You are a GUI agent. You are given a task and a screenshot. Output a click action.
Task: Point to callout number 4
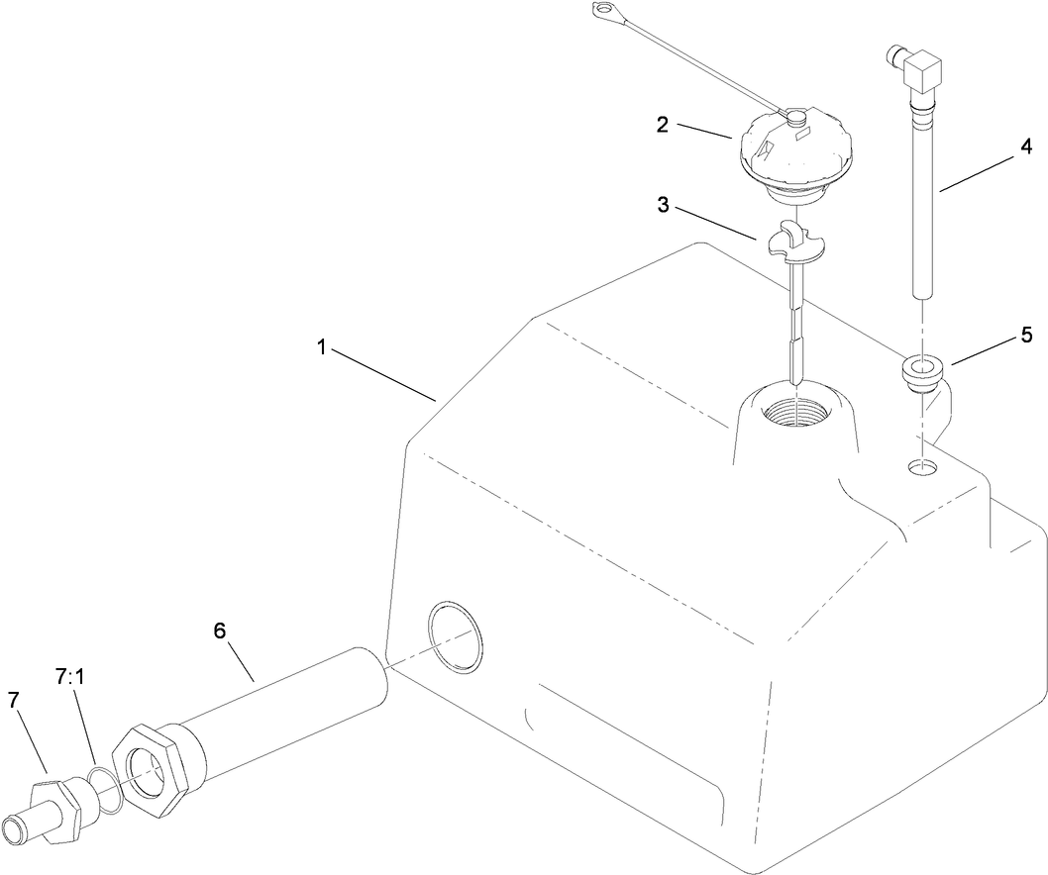click(1026, 147)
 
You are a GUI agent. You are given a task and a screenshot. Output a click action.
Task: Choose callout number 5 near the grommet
click(1026, 335)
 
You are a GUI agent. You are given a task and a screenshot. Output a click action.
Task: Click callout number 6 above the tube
click(220, 629)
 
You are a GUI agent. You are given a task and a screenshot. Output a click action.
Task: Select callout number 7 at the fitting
click(14, 700)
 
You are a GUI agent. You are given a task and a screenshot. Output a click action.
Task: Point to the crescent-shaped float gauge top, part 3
click(798, 243)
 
